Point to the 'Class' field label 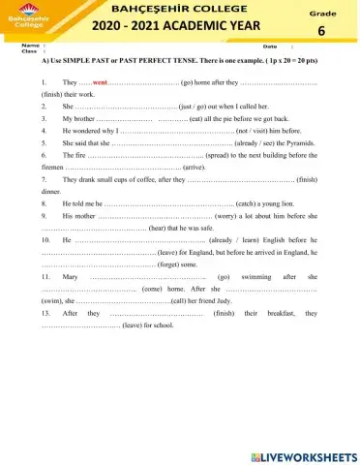29,51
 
